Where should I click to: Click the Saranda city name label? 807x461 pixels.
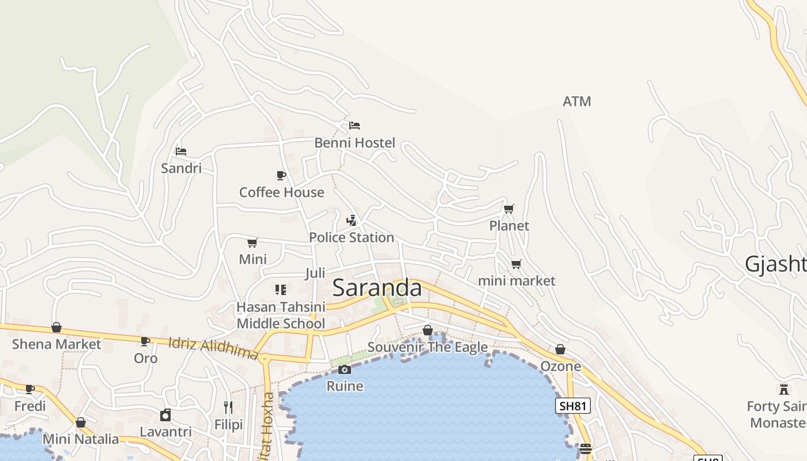pos(377,287)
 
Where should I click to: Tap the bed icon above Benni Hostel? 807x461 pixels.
pos(355,126)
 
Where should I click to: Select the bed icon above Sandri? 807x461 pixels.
pos(181,152)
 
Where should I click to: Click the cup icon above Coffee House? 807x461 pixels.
pos(281,175)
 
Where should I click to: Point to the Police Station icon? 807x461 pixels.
pos(351,220)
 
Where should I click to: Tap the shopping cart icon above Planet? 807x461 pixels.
pos(508,209)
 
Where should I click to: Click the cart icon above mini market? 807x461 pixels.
pos(516,264)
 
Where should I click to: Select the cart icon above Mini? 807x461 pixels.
pos(252,243)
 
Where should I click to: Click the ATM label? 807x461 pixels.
pos(576,101)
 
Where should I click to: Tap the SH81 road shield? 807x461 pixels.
pos(573,406)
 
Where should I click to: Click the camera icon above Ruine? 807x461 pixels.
pos(345,369)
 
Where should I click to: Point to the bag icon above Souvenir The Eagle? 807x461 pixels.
pos(427,330)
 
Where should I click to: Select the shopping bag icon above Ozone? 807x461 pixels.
pos(560,349)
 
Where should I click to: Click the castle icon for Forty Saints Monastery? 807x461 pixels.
pos(783,390)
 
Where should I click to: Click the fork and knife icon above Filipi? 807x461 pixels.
pos(228,407)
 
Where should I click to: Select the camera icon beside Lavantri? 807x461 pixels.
pos(165,415)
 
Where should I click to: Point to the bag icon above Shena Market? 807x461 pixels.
pos(56,327)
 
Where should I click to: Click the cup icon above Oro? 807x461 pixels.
pos(145,341)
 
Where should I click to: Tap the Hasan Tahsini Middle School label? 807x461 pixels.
pos(281,315)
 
